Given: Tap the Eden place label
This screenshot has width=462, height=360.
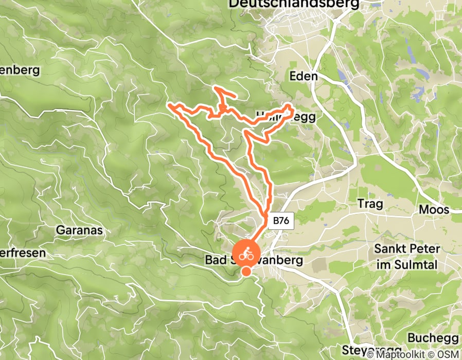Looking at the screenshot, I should [x=304, y=76].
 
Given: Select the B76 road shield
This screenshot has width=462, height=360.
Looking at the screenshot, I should [x=281, y=221].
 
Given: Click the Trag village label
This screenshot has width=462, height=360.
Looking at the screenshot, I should [x=370, y=204].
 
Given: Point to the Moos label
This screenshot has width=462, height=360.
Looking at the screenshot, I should [x=434, y=210].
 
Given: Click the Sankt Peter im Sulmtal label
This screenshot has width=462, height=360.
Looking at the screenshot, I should [x=407, y=256].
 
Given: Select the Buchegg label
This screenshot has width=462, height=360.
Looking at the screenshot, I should [x=432, y=338].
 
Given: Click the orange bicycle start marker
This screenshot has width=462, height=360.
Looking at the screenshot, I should [x=246, y=253].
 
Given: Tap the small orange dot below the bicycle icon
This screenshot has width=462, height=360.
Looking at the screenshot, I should [x=247, y=272].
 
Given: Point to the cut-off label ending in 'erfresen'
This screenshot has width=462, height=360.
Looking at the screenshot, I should [x=23, y=253].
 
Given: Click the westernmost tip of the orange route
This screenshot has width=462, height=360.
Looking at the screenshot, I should [x=169, y=106].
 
